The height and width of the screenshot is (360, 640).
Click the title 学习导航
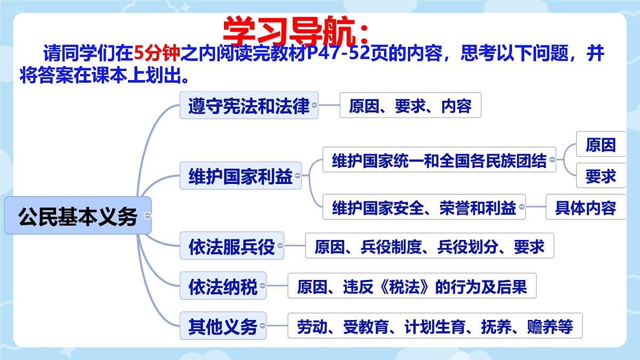295,31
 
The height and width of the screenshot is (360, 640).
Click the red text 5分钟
157,54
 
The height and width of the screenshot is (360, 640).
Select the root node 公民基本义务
78,216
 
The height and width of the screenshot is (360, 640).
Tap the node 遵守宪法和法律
249,106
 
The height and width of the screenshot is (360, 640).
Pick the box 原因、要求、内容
410,106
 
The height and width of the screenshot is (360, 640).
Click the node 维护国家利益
241,176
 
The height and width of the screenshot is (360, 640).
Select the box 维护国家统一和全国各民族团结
439,160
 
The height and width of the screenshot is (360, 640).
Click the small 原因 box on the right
601,145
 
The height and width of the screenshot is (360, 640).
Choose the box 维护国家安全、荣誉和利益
424,207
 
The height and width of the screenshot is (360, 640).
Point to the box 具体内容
585,207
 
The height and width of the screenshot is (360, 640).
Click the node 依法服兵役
231,246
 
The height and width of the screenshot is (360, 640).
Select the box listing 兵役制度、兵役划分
429,246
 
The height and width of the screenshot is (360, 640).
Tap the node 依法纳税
223,287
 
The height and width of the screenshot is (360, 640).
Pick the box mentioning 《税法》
412,287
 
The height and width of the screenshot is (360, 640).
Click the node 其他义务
223,326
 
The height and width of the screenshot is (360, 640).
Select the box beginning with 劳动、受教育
435,326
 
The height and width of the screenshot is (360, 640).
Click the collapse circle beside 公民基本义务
148,216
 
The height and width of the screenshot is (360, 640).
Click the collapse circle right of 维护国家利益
297,175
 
